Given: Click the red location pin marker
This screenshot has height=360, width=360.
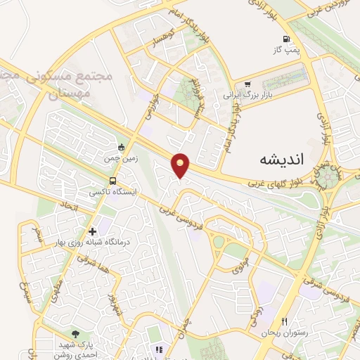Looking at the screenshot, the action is (x=181, y=165).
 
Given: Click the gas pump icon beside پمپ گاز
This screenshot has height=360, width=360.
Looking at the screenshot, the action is (x=285, y=39).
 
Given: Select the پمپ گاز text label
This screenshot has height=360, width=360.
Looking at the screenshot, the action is (x=285, y=51).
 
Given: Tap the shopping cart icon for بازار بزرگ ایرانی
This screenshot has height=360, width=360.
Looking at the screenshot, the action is (x=247, y=84).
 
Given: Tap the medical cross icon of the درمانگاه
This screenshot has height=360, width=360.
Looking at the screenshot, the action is (x=92, y=231).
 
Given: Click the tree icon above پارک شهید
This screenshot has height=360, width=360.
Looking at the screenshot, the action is (x=75, y=333).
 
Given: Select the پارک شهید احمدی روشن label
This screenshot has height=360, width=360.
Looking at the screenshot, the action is (x=75, y=348).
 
